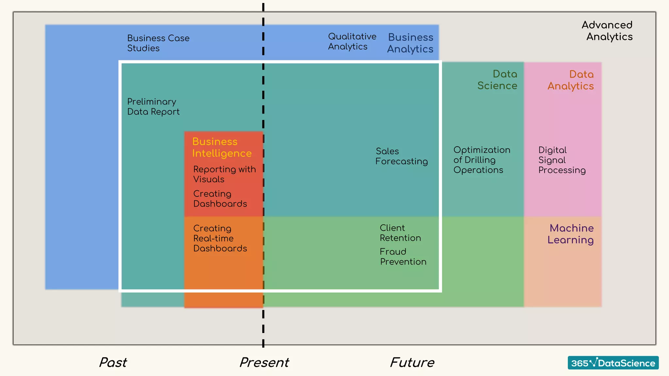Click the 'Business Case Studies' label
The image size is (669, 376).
[158, 43]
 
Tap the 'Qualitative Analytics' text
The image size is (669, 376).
[352, 41]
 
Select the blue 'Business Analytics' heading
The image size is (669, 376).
[410, 43]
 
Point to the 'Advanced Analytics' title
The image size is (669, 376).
[607, 31]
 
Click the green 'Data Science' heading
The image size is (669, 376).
[497, 80]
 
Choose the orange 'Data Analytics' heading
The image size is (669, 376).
[570, 80]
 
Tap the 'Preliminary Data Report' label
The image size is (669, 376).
[153, 107]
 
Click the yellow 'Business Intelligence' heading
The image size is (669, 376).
[222, 148]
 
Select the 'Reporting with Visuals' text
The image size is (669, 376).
[224, 174]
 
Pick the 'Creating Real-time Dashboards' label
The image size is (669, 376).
[220, 238]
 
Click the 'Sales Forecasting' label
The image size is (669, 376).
[401, 156]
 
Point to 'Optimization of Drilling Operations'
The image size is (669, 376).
[481, 160]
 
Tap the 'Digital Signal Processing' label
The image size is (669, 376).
[562, 160]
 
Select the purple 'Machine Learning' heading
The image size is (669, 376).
[571, 234]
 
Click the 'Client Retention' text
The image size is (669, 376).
[400, 233]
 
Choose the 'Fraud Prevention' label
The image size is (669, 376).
[403, 257]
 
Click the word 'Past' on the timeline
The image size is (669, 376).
[113, 362]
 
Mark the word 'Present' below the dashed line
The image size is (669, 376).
[264, 362]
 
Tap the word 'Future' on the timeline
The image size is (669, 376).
[412, 362]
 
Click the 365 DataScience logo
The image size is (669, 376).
[613, 363]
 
